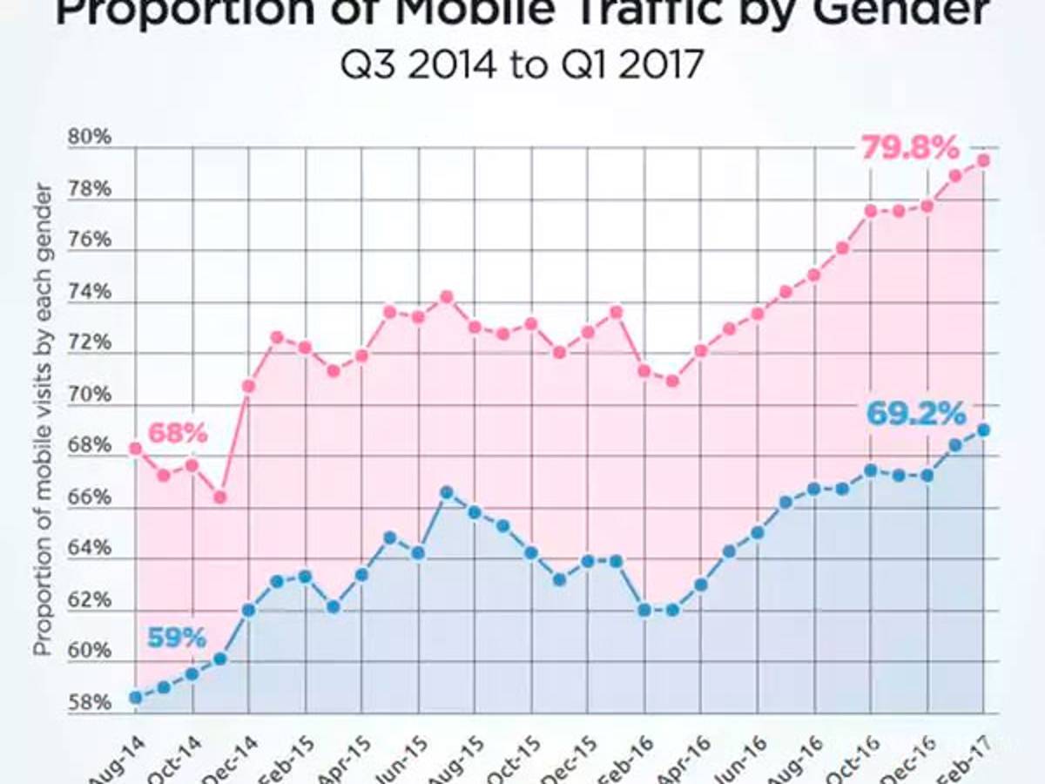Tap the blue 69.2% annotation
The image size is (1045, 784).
click(x=914, y=413)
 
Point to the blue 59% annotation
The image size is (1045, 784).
click(x=177, y=638)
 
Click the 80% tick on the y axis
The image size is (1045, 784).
click(x=91, y=137)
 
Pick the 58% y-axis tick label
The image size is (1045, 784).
click(x=91, y=702)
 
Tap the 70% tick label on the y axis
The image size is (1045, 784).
click(x=91, y=395)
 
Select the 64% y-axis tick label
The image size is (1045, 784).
click(x=91, y=549)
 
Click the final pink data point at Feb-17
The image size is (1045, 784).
click(x=983, y=160)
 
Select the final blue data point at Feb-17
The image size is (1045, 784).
click(x=983, y=429)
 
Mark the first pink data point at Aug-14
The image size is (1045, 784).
click(x=136, y=449)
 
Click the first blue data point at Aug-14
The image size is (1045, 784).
click(x=136, y=697)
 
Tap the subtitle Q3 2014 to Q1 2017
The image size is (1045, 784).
click(x=522, y=66)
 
